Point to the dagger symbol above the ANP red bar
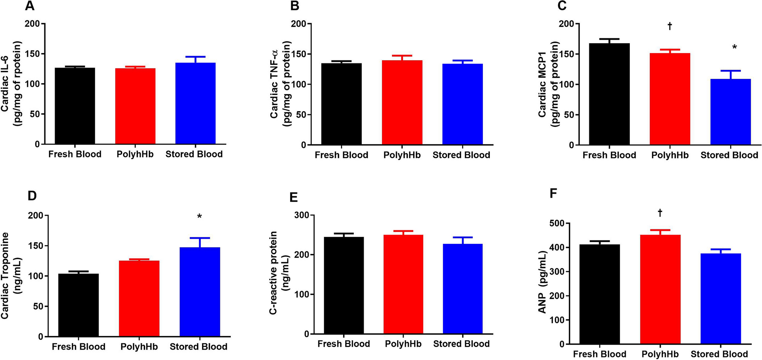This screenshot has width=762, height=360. point(660,213)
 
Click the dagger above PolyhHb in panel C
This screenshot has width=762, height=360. point(670,26)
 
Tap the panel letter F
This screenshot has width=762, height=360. point(553,193)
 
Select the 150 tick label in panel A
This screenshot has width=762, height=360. point(32,54)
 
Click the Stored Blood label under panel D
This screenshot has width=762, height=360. point(198,347)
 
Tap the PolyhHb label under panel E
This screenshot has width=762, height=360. point(403,344)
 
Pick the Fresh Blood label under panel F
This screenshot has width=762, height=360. point(599,354)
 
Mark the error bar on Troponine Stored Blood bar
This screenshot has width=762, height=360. point(200,242)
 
